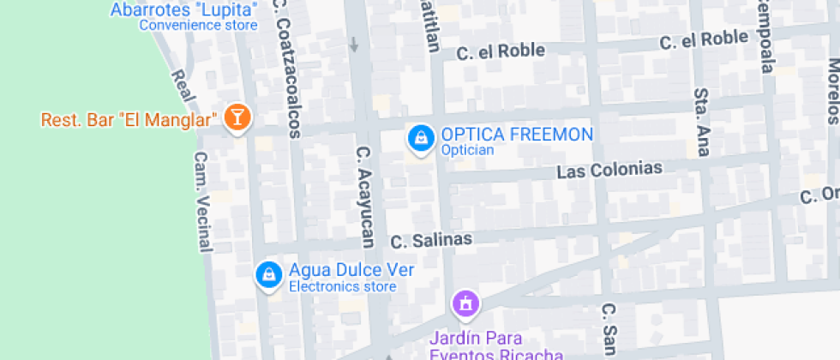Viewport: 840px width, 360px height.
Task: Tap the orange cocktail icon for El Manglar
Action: (x=237, y=118)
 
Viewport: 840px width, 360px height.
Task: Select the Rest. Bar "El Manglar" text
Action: (x=127, y=119)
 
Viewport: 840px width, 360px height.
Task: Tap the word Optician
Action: (x=467, y=150)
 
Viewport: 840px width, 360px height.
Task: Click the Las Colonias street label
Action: (x=609, y=170)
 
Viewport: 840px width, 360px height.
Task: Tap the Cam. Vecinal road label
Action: (x=202, y=202)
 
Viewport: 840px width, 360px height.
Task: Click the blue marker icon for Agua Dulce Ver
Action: (x=269, y=275)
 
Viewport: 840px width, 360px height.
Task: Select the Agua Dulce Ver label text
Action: (x=351, y=269)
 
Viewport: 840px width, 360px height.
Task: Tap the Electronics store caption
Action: (x=342, y=286)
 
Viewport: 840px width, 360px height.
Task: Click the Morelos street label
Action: (x=832, y=92)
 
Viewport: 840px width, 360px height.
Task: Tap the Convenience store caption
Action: (x=198, y=26)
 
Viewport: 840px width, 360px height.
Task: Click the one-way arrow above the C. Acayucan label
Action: (x=354, y=44)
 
